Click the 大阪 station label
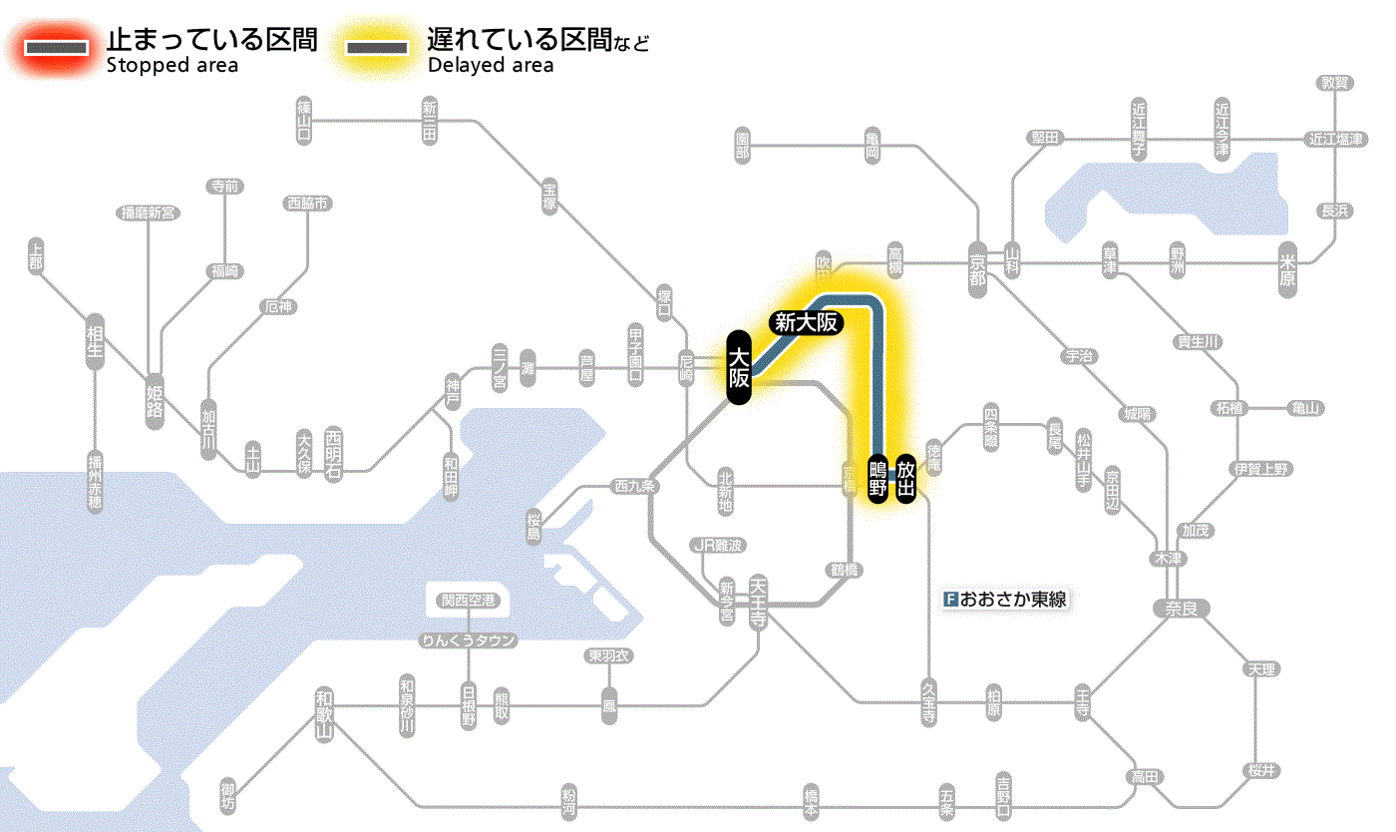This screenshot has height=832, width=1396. pos(738,368)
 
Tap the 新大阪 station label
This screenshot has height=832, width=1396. pos(806,322)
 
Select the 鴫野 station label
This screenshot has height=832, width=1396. pos(877,478)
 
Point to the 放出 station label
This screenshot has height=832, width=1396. pos(905,478)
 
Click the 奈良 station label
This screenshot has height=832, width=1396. pos(1181,608)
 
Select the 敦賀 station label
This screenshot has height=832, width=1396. pos(1335,83)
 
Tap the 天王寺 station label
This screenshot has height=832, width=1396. pos(759,601)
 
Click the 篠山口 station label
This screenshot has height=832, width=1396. pos(304,119)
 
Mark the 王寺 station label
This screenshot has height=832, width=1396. pos(1084,702)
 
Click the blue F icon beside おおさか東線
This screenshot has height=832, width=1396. pos(949,601)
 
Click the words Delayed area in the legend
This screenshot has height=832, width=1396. pos(490,66)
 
